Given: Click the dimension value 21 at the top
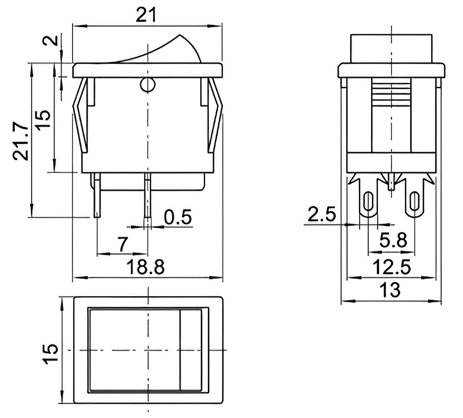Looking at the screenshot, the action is tap(145, 15).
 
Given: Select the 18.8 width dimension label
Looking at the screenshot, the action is tap(145, 267).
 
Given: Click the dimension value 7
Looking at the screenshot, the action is tap(123, 244).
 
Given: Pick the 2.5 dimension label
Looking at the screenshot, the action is tap(322, 214).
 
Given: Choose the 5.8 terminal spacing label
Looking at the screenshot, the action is tap(393, 241).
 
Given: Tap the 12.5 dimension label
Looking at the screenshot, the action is tap(392, 267).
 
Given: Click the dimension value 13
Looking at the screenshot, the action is tap(390, 290).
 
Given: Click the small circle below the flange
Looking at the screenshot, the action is tap(147, 85).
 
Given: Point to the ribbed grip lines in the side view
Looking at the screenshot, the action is tap(392, 93).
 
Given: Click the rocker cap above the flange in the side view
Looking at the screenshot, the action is tap(392, 49).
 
